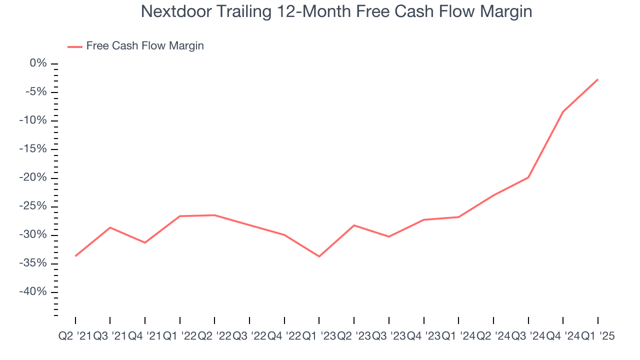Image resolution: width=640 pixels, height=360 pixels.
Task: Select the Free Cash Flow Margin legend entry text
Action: [x=145, y=46]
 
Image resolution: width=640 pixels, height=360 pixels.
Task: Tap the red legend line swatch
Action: [x=74, y=46]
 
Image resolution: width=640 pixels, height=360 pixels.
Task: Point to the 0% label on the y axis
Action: [x=38, y=63]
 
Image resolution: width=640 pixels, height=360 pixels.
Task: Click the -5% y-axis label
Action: [x=35, y=92]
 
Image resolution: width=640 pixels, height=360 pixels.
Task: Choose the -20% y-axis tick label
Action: [x=32, y=178]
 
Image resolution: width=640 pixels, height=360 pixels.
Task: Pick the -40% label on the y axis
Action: [x=32, y=292]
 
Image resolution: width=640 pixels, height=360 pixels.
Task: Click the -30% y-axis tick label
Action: [x=32, y=235]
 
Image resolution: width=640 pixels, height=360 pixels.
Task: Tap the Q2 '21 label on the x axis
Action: [x=75, y=336]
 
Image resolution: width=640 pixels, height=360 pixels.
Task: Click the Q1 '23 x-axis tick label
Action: [x=319, y=336]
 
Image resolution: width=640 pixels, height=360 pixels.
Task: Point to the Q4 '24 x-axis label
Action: [x=563, y=336]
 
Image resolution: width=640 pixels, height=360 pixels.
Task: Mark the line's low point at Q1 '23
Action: [x=319, y=256]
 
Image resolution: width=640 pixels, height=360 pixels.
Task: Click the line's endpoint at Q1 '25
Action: [x=597, y=79]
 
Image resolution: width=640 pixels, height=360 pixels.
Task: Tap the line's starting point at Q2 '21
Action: [x=75, y=256]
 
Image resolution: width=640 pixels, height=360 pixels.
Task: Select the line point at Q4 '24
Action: [x=563, y=111]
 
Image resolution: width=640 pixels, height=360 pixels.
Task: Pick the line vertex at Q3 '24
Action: [x=528, y=177]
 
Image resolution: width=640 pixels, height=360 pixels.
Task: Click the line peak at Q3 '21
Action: [x=110, y=227]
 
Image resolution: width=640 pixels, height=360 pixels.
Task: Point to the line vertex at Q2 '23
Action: [x=354, y=225]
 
